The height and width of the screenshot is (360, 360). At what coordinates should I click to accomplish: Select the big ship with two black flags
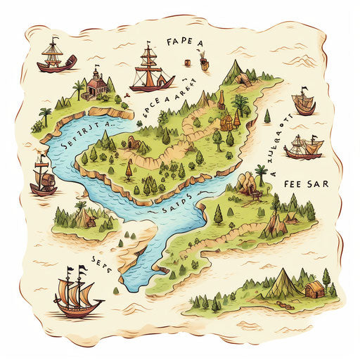pyautogui.click(x=77, y=292)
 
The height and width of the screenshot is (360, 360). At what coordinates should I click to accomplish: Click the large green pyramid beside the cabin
pyautogui.click(x=285, y=283)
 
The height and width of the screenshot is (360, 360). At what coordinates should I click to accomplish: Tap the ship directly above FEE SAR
pyautogui.click(x=304, y=147)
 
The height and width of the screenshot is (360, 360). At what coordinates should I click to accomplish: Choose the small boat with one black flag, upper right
pyautogui.click(x=304, y=103)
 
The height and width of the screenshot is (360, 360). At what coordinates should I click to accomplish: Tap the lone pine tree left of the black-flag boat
pyautogui.click(x=268, y=115)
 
